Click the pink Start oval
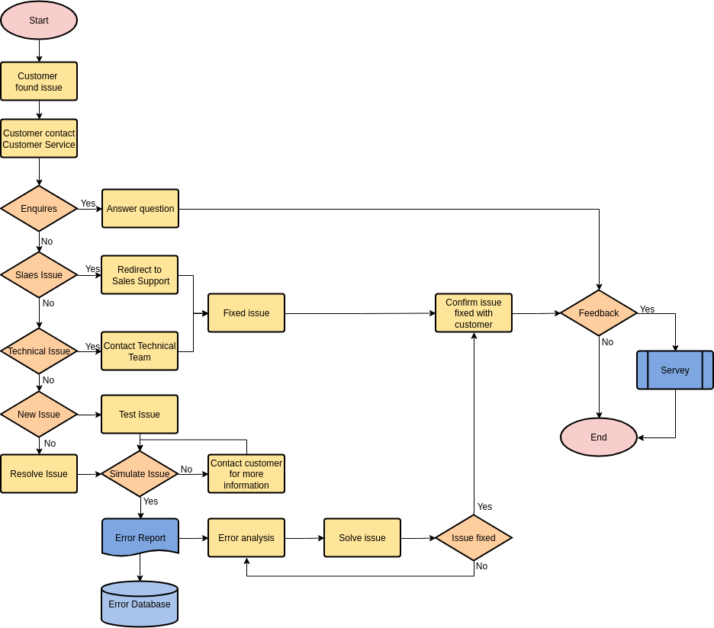click(39, 21)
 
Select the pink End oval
click(599, 437)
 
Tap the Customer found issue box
click(39, 82)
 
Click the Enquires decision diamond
click(39, 209)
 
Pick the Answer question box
click(140, 209)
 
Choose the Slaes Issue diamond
click(39, 275)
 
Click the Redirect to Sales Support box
click(140, 275)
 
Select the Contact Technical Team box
click(140, 351)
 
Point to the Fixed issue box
click(246, 313)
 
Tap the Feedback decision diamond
click(599, 313)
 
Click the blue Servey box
click(675, 370)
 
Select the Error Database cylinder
click(140, 604)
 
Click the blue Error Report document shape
click(140, 538)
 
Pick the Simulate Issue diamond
click(140, 474)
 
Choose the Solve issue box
click(362, 538)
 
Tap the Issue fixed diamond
click(474, 538)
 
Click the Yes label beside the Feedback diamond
click(647, 309)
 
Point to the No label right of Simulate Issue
click(186, 469)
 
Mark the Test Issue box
click(140, 415)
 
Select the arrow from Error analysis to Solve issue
click(304, 538)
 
